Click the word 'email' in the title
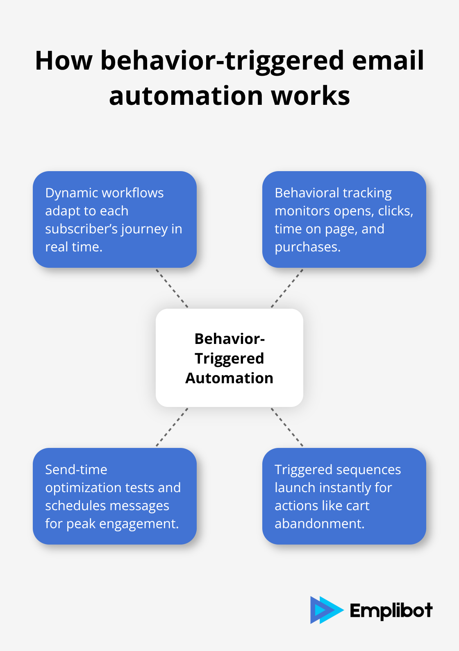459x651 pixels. [388, 61]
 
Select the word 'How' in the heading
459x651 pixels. [64, 61]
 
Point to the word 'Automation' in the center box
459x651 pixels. [229, 378]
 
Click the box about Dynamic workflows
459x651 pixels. [115, 219]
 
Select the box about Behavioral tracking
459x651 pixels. [344, 219]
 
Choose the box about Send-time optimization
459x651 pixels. [115, 496]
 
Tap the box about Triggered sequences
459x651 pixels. [344, 496]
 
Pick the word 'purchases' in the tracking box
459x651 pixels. [307, 247]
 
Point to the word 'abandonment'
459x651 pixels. [318, 524]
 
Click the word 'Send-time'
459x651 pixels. [76, 470]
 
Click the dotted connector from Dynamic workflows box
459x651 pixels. [172, 288]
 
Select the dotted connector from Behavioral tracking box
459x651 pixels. [287, 288]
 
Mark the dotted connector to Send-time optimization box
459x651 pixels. [172, 427]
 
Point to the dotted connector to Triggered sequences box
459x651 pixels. [287, 427]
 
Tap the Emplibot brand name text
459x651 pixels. [391, 610]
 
